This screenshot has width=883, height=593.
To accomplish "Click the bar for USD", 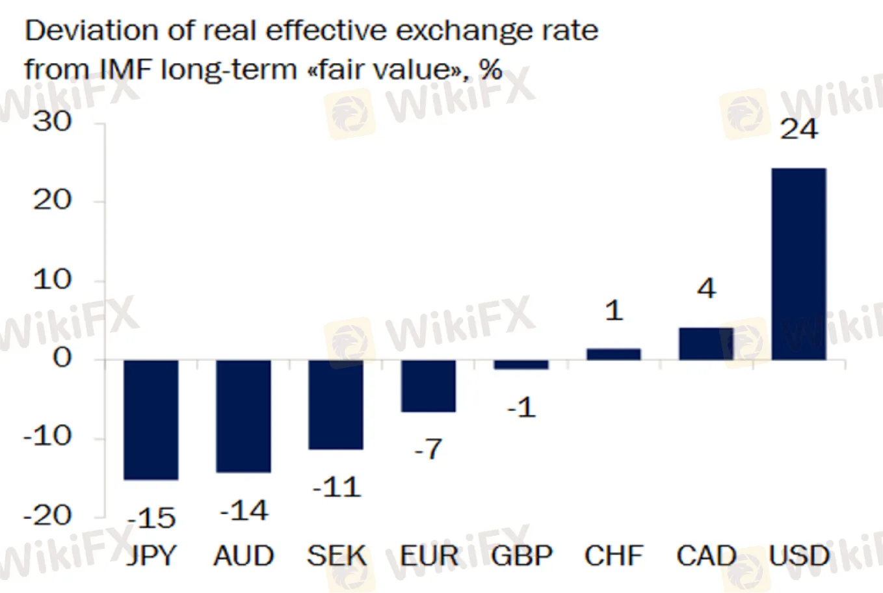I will point(798,263).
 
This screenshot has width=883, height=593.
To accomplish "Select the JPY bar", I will point(151,419).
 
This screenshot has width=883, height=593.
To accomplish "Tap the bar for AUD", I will point(243,415).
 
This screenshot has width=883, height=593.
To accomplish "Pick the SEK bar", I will point(336,404).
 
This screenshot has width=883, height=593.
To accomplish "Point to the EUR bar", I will point(428,385).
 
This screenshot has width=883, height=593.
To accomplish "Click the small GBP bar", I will point(521,365).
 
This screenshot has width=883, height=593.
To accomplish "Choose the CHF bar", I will point(613,354).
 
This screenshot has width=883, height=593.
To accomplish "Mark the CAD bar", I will point(706,343).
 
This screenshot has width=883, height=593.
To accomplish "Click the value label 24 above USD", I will point(798,129).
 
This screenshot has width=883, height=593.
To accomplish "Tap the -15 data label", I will point(152,518).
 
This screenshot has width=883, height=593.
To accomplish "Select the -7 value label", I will point(428,449).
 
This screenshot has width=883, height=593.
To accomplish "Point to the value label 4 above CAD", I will point(706,288).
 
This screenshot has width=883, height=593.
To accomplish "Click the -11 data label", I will point(336,487).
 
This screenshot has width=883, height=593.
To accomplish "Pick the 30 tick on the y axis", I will point(53,122).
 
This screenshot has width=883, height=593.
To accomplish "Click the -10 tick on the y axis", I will point(47,436).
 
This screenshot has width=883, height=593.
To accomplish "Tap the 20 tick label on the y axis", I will point(53,200).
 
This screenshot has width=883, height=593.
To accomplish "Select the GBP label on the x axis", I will point(521,556).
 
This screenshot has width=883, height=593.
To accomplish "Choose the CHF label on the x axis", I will point(614,556).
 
